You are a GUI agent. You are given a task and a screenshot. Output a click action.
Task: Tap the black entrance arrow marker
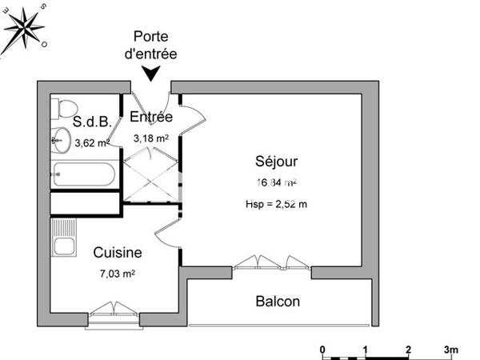click(150, 74)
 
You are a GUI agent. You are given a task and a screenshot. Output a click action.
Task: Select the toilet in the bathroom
click(66, 107)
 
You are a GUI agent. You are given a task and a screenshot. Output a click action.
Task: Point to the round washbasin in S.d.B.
click(61, 141)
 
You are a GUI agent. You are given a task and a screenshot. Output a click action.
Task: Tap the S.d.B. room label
click(92, 122)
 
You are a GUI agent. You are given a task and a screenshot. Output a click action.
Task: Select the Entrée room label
click(151, 117)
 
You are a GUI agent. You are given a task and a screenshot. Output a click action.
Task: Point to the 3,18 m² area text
click(150, 138)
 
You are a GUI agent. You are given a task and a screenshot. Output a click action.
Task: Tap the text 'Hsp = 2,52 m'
click(276, 204)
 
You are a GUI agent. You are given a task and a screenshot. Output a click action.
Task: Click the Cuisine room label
click(117, 253)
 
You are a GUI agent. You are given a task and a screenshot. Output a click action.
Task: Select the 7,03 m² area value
click(117, 273)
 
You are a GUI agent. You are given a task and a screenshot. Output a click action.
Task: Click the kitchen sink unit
click(63, 238)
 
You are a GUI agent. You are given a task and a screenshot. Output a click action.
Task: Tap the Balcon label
click(278, 302)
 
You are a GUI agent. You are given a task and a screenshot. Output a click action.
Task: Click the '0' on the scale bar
click(322, 350)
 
